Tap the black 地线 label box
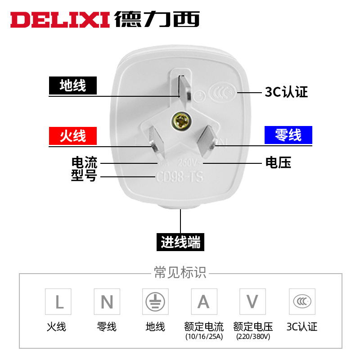coord(73,85)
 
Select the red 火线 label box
coord(73,135)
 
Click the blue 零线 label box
coord(288,135)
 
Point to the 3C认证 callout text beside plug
coord(286,92)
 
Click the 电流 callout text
coord(84,162)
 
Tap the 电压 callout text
coord(279,162)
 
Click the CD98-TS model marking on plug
coord(179,177)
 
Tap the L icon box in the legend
coord(58,301)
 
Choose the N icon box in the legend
coord(107,301)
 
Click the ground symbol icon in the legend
coord(155,301)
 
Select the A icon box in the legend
coord(204,301)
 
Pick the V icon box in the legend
coord(252,301)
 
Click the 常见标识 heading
coord(180,273)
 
